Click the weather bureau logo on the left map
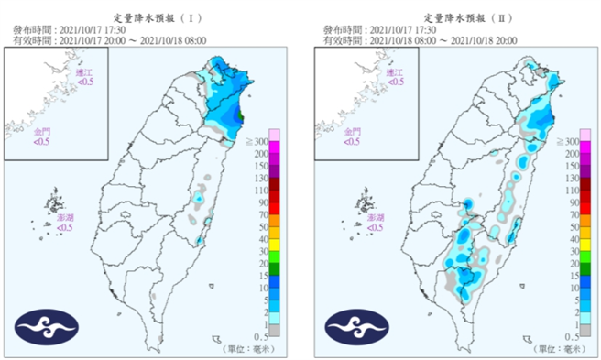[x=47, y=325]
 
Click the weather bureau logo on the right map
[x=356, y=325]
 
